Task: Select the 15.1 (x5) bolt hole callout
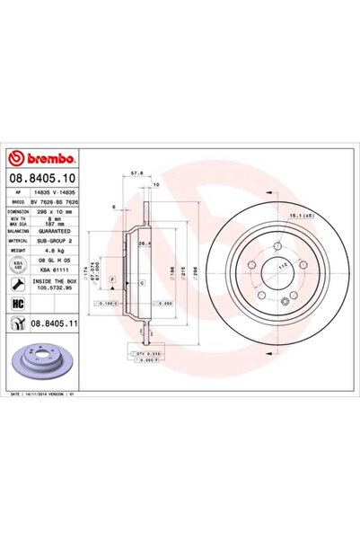pyautogui.click(x=301, y=217)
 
